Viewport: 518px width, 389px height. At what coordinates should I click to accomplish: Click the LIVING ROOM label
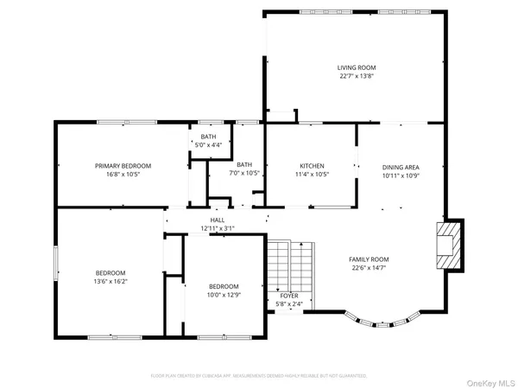357,67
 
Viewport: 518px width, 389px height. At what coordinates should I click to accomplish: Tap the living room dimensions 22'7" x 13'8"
357,76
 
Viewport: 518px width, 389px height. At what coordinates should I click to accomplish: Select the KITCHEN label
311,166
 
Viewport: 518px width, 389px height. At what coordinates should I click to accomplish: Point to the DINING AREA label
401,167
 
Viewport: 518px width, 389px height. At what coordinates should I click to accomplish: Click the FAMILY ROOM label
369,259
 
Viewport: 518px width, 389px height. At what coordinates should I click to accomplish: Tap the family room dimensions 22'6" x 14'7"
369,268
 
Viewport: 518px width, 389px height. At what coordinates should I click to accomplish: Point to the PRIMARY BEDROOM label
123,166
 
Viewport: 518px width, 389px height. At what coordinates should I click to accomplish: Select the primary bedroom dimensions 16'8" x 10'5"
123,175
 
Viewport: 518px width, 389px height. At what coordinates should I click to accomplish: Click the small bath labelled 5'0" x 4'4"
209,141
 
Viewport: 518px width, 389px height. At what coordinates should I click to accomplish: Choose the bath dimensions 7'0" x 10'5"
245,174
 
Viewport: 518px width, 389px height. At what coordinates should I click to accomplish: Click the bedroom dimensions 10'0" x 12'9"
224,296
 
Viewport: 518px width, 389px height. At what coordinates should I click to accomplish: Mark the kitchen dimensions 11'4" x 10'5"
311,175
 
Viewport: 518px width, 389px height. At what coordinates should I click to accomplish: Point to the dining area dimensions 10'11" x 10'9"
401,175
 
